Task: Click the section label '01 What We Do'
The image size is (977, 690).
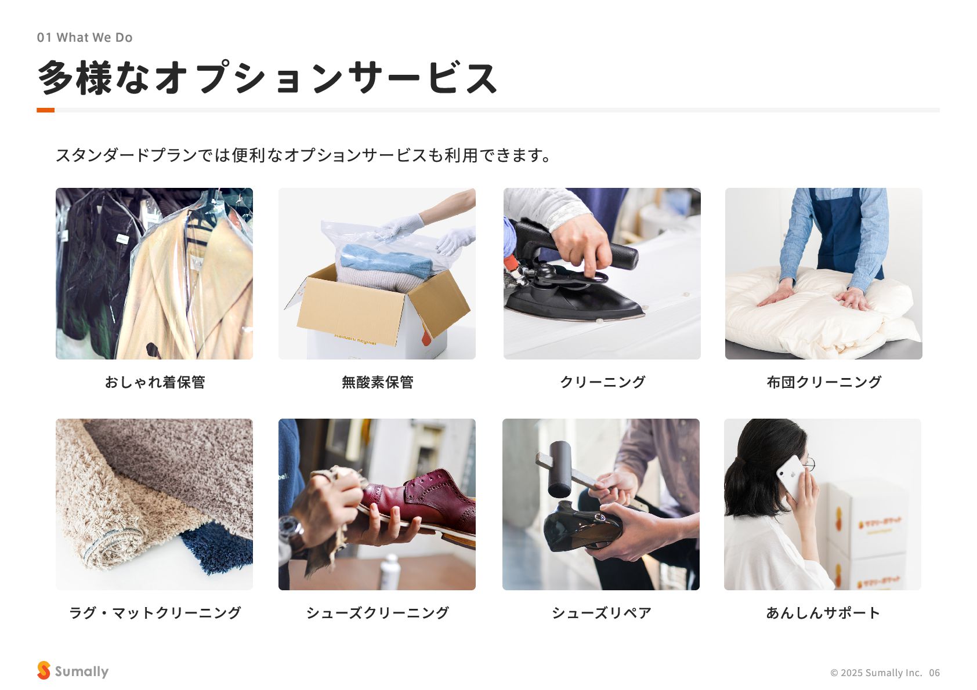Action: point(85,38)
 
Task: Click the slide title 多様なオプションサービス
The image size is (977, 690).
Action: point(267,78)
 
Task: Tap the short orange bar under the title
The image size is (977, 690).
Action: point(45,110)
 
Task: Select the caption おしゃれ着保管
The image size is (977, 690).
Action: point(155,382)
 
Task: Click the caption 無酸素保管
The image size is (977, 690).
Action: point(377,382)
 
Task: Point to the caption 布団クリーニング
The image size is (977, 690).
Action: point(824,382)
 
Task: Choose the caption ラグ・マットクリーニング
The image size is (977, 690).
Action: point(155,613)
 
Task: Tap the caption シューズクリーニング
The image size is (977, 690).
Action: point(377,613)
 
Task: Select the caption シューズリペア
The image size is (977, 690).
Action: point(602,613)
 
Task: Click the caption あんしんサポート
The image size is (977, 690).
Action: point(823,613)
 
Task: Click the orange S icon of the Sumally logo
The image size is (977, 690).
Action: point(44,670)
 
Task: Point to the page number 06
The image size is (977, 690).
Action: point(934,673)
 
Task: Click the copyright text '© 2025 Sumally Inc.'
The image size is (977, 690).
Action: point(876,673)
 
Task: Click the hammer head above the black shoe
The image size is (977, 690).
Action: point(560,469)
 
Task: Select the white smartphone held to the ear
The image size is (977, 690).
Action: point(791,477)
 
